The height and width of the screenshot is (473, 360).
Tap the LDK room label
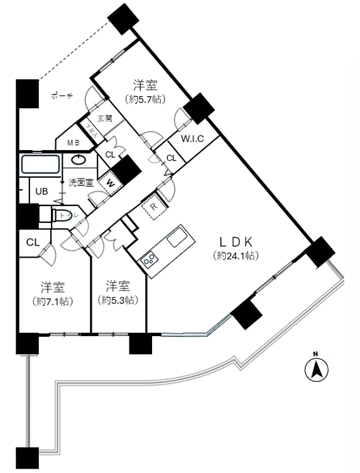(236, 241)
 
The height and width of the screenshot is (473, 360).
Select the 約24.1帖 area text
(236, 256)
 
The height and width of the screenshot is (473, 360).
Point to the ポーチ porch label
(61, 95)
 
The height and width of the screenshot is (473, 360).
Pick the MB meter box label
(74, 143)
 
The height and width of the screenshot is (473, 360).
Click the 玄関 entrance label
(104, 117)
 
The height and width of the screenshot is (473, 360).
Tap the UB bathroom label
(41, 191)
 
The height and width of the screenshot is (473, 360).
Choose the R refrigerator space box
(153, 205)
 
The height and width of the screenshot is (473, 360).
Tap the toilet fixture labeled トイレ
(63, 216)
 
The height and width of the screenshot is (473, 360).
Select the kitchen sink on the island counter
(177, 237)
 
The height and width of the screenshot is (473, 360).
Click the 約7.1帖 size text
(53, 302)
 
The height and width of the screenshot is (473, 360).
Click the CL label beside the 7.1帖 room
(33, 242)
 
